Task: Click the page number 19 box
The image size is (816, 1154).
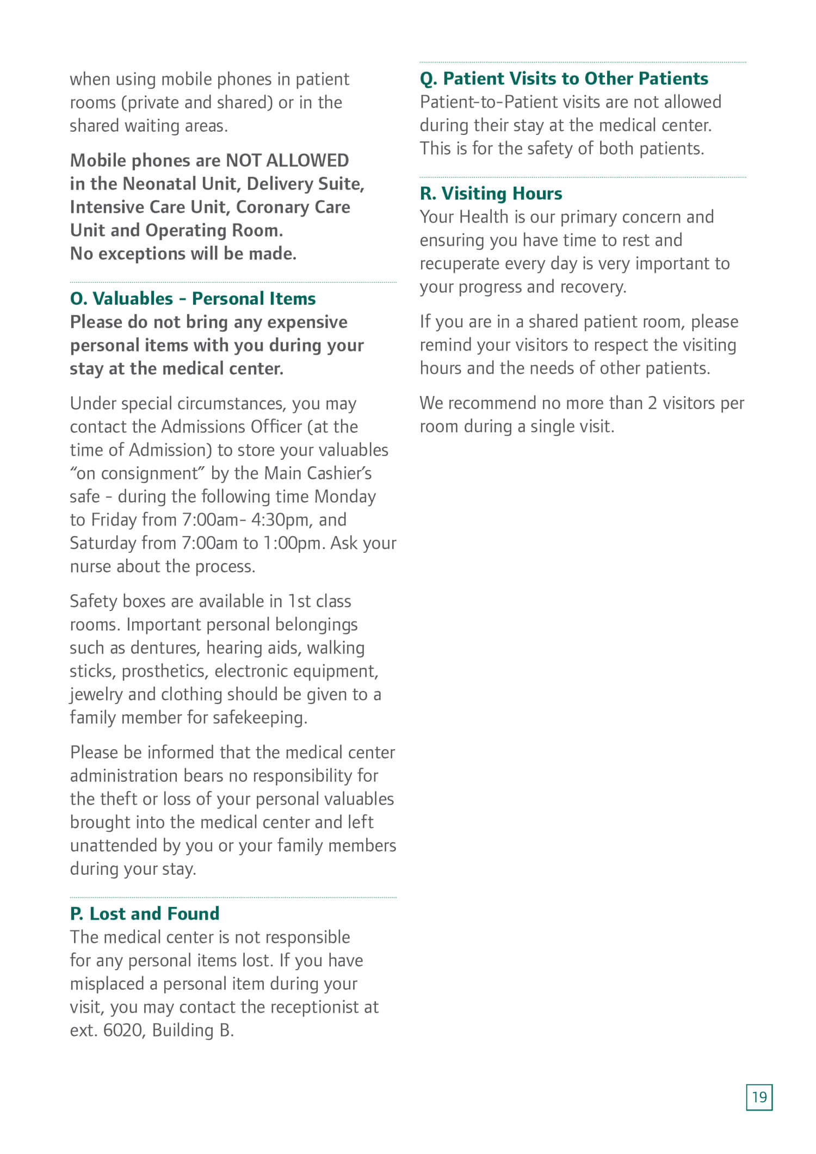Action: (759, 1097)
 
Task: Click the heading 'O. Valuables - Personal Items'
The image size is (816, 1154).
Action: (193, 299)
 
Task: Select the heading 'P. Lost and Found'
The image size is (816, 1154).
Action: (145, 914)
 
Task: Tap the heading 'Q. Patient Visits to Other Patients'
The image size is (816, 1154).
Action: (564, 79)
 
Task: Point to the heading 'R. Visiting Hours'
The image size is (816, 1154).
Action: (491, 194)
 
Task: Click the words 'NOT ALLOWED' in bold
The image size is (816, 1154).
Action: (287, 161)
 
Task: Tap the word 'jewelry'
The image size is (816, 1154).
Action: (96, 695)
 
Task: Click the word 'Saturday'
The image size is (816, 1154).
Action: (103, 544)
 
